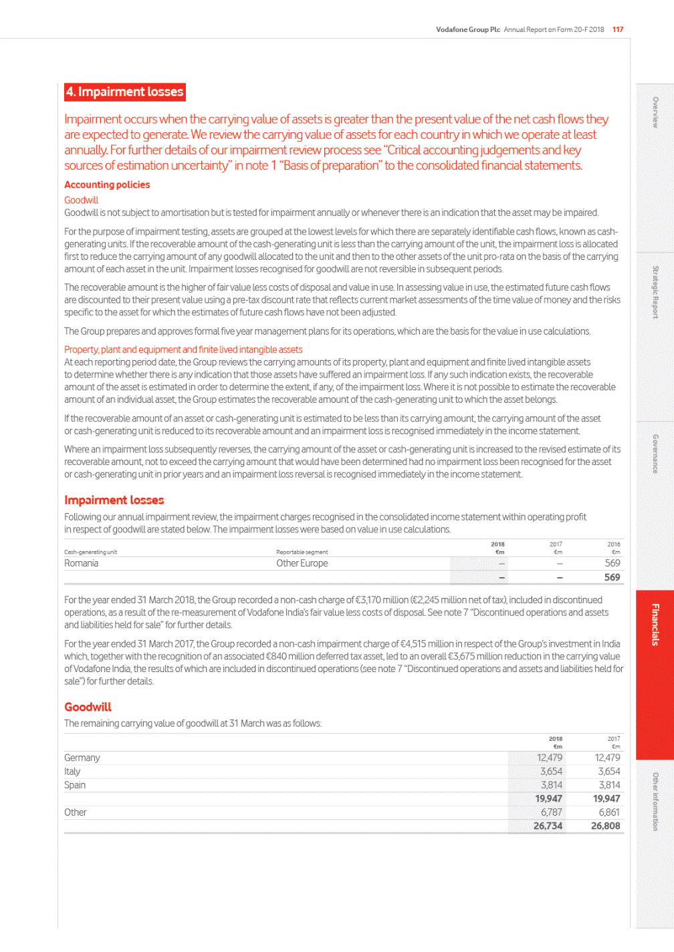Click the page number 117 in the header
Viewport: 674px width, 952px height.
click(618, 29)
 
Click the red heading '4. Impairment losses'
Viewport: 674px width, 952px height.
click(124, 92)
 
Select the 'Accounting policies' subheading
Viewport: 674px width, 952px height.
click(107, 184)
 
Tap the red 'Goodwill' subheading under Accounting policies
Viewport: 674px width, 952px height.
click(81, 200)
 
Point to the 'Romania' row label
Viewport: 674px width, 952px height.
click(81, 563)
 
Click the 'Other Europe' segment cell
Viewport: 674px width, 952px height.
click(302, 563)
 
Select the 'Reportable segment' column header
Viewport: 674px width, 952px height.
click(302, 552)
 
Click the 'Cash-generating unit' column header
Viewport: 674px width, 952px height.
click(90, 552)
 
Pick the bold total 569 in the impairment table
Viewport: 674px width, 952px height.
click(612, 577)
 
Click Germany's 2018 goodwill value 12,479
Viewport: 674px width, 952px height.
click(550, 758)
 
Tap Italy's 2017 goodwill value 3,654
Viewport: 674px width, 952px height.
click(608, 771)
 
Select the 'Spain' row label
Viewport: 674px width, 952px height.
click(75, 785)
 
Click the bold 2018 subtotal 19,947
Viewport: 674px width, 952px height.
click(548, 798)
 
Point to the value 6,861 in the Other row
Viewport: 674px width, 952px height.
click(608, 812)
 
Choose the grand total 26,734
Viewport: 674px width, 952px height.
click(548, 826)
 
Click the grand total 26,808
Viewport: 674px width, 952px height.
click(606, 826)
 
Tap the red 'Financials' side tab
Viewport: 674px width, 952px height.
click(655, 625)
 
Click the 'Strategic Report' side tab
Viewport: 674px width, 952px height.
click(655, 292)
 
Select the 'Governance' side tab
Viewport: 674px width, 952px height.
click(655, 454)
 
